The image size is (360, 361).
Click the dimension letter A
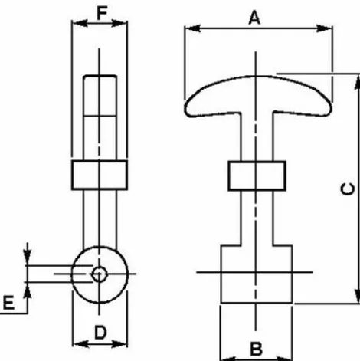(x=254, y=18)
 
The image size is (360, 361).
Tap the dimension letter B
(x=256, y=349)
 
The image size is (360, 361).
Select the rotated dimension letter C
(x=348, y=189)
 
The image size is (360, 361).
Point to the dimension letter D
(x=100, y=333)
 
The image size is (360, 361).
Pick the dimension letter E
(x=8, y=303)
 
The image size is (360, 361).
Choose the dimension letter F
(x=102, y=13)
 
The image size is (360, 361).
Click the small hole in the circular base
(x=99, y=274)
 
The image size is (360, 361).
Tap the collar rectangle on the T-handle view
(x=257, y=176)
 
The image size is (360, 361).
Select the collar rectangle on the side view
(x=100, y=175)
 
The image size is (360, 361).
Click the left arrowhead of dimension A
(x=192, y=28)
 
